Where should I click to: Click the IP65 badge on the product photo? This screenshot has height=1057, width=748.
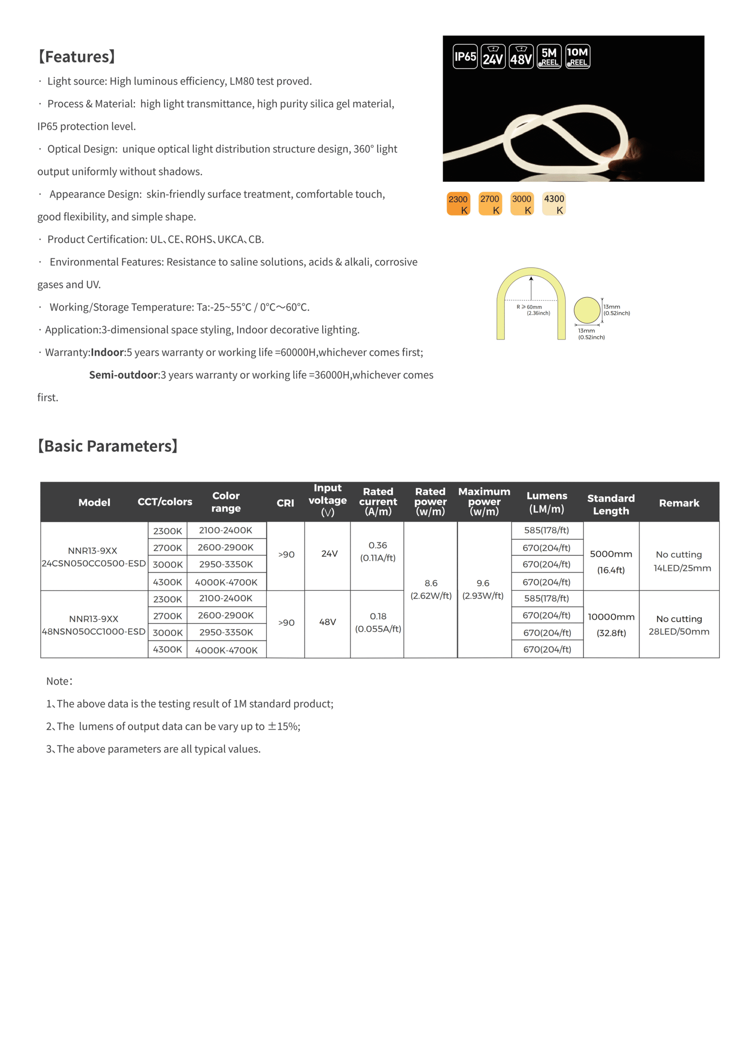pos(465,57)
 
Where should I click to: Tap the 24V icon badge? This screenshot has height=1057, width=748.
pos(493,57)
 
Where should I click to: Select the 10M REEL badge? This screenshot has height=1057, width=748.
pos(578,57)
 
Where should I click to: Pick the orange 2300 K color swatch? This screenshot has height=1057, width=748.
pos(458,204)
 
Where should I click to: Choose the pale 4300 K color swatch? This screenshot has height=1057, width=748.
pos(554,204)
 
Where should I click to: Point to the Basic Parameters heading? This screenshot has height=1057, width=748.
pos(108,446)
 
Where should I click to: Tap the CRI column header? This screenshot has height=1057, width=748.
pos(285,503)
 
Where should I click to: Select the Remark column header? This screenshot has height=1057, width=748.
pos(679,503)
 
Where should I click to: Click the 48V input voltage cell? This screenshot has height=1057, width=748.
pos(327,622)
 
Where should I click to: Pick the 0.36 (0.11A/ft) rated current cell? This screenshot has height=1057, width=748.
pos(378,552)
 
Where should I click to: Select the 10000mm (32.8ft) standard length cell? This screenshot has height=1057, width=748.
pos(611,624)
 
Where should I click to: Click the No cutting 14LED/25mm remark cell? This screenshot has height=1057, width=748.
pos(679,561)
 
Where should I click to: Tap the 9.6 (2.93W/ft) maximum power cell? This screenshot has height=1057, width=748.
pos(483,589)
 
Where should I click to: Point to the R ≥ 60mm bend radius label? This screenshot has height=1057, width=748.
pos(533,310)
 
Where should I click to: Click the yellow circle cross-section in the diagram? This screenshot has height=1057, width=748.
pos(587,310)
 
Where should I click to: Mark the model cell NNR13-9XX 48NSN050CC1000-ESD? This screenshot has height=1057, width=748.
pos(93,625)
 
